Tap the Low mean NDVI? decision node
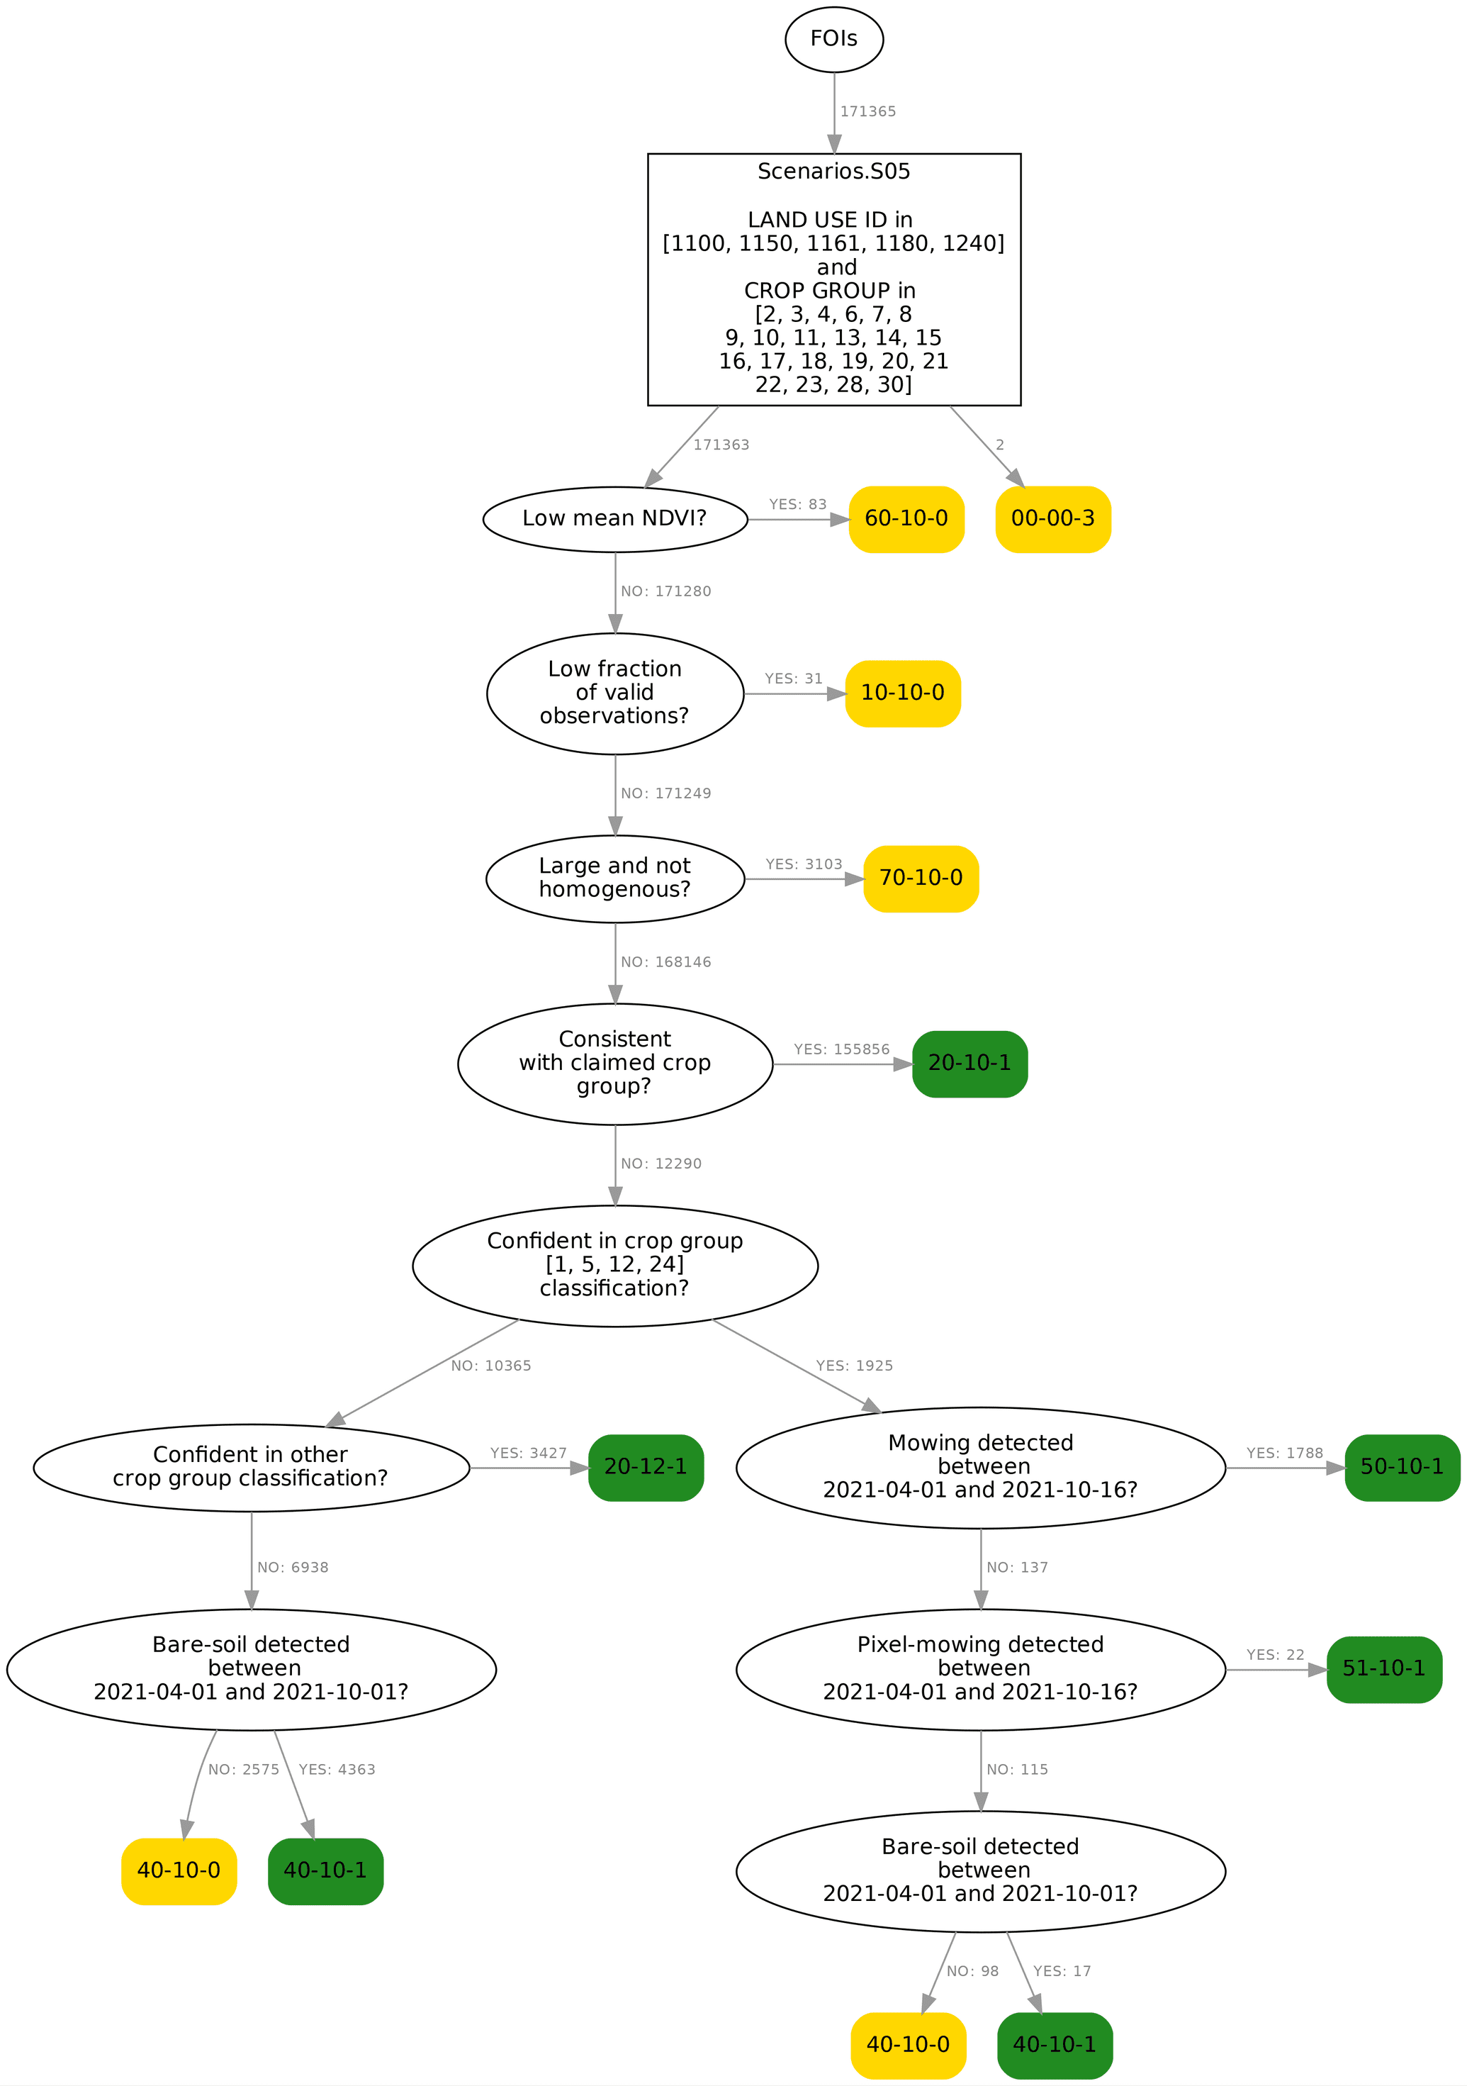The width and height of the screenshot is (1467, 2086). coord(615,519)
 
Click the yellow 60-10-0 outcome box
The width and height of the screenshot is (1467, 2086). coord(906,519)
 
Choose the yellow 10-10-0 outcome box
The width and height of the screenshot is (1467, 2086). coord(902,693)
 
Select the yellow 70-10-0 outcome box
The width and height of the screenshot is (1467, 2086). coord(920,879)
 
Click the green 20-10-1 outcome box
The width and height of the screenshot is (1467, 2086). coord(969,1063)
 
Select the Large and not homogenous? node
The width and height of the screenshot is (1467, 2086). coord(615,879)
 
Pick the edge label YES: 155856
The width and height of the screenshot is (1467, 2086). coord(841,1049)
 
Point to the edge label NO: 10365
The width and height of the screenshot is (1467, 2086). coord(490,1366)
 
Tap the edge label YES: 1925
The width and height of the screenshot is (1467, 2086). coord(854,1366)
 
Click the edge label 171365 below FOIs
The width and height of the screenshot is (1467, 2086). coord(867,112)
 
